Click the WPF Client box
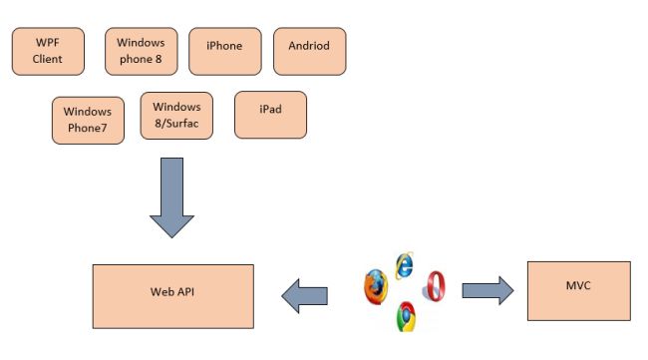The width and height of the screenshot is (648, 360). tap(47, 52)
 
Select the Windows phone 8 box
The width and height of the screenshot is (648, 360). tap(141, 52)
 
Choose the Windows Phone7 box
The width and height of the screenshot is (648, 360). tap(88, 120)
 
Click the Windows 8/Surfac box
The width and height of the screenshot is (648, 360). tap(176, 116)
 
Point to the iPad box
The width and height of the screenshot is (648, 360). tap(270, 115)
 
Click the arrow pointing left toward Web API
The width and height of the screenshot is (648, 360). tap(304, 293)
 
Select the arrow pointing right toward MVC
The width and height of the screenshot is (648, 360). tap(487, 291)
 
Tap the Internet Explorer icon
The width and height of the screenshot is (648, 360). tap(404, 263)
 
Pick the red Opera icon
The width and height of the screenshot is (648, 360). tap(435, 287)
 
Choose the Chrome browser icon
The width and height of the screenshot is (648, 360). tap(405, 316)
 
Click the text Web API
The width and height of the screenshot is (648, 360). tap(170, 293)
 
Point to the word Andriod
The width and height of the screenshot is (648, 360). tap(309, 46)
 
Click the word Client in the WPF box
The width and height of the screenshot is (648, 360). tap(47, 59)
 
